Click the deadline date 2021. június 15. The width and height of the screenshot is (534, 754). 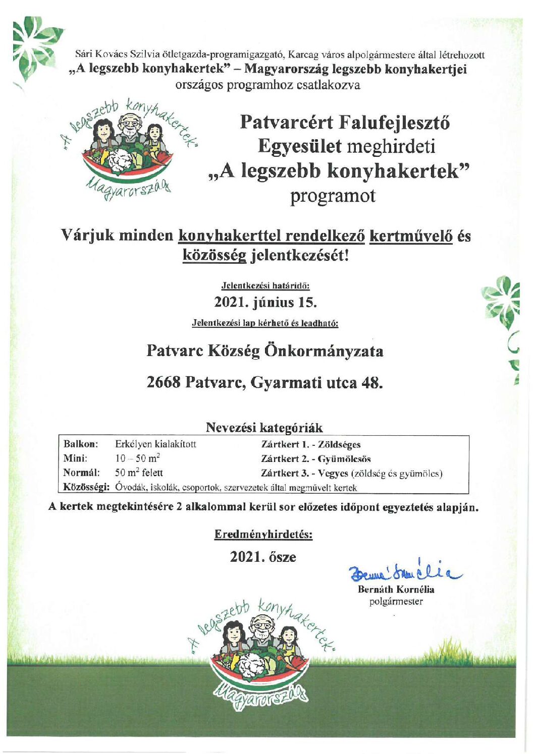265,303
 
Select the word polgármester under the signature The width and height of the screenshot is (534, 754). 396,601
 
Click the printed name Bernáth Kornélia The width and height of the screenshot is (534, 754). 396,589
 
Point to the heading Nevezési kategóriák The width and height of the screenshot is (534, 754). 264,428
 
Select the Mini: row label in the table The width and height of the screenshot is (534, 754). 75,458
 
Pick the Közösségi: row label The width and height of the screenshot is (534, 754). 86,488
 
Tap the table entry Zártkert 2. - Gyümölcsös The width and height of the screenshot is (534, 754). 316,459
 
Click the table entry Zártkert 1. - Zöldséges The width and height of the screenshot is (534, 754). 311,444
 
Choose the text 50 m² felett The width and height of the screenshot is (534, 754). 139,473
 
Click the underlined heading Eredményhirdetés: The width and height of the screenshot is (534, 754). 263,534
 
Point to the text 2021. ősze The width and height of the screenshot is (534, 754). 263,557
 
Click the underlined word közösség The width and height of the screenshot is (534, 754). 215,255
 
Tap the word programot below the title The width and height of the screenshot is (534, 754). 333,196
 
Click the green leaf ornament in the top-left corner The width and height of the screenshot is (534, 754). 34,45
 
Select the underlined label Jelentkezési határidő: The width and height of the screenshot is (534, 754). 265,285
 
